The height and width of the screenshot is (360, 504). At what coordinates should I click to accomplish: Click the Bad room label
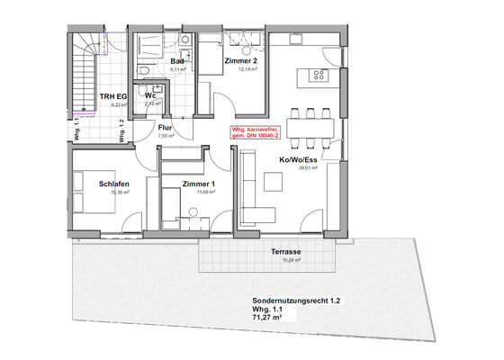click(179, 61)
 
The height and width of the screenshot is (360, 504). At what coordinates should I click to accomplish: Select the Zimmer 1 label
click(197, 184)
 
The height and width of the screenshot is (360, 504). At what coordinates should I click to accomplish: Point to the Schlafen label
click(115, 184)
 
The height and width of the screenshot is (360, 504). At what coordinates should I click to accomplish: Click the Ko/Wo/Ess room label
click(297, 159)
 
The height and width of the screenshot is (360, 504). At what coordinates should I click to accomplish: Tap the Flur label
click(166, 129)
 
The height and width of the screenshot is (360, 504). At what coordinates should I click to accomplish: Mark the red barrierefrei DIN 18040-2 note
click(256, 132)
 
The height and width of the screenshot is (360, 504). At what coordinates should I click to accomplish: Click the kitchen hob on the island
click(319, 76)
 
